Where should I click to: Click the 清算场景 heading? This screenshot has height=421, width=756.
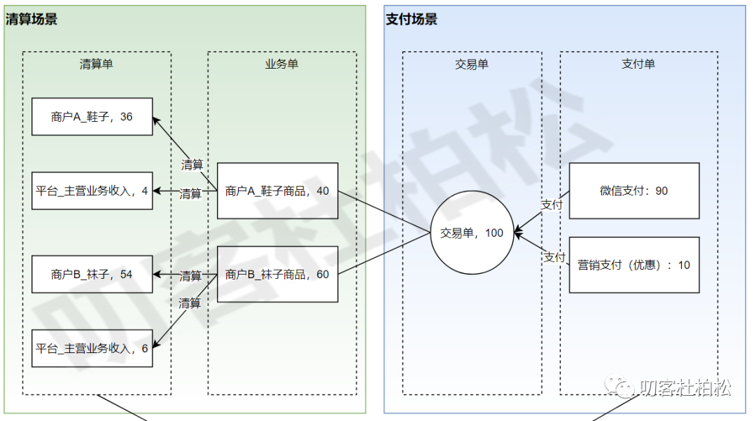click(31, 20)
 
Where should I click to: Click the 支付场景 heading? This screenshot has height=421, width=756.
click(412, 20)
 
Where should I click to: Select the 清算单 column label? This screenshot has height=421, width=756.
click(97, 64)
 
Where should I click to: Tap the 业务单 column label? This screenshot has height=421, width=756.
click(281, 64)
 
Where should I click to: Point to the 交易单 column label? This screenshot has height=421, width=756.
click(472, 64)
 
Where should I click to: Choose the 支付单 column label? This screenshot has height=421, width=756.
click(638, 64)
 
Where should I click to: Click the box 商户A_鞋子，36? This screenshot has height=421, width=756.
click(92, 117)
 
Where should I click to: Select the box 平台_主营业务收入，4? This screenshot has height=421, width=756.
click(92, 190)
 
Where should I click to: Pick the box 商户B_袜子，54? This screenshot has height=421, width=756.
click(92, 275)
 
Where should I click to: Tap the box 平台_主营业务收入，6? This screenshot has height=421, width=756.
click(92, 348)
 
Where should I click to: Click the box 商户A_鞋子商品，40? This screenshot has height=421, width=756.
click(277, 191)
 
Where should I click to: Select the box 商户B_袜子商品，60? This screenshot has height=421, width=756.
click(277, 275)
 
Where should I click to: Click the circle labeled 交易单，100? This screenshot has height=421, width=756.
click(472, 233)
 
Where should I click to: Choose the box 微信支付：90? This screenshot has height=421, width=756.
click(633, 191)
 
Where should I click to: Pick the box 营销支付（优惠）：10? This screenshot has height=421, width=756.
click(633, 265)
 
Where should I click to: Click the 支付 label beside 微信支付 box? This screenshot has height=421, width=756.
click(552, 205)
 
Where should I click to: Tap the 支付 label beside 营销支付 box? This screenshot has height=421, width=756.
click(554, 257)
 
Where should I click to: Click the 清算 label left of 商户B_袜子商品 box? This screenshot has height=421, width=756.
click(190, 275)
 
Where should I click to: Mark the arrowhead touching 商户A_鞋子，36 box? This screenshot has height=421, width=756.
click(156, 120)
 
